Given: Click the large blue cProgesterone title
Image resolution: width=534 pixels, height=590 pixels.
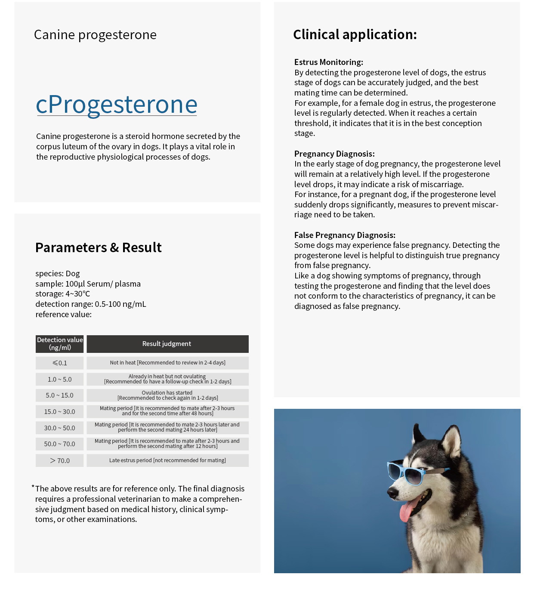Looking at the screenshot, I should click(117, 105).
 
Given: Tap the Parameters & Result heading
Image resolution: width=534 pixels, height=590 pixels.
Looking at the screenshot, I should click(99, 247).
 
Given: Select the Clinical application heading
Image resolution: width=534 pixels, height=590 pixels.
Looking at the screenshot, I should click(355, 34).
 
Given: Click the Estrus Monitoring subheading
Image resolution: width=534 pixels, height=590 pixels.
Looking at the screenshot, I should click(329, 62).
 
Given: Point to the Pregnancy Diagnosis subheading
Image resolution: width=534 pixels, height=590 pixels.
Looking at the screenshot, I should click(334, 154).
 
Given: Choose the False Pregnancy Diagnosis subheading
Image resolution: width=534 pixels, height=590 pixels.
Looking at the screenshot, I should click(345, 235).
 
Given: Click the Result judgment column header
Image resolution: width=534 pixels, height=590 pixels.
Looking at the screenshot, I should click(167, 344).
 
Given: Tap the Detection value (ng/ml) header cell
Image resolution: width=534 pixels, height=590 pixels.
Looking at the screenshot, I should click(60, 344).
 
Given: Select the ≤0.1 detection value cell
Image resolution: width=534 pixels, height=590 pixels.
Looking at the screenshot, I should click(60, 363).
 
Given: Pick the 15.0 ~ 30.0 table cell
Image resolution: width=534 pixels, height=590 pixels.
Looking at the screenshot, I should click(60, 412).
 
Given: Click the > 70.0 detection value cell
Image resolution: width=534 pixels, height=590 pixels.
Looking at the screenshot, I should click(60, 460).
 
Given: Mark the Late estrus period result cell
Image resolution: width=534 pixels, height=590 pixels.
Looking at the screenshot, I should click(167, 460).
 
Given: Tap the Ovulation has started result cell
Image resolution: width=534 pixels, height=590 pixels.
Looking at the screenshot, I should click(167, 395).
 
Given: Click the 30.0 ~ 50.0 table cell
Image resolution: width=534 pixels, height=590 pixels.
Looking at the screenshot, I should click(60, 428).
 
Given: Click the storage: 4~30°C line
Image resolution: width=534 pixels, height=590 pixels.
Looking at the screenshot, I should click(63, 294).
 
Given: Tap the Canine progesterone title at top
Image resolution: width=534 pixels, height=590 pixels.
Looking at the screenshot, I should click(95, 35).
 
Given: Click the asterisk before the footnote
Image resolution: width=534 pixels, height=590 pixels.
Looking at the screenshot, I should click(33, 487).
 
